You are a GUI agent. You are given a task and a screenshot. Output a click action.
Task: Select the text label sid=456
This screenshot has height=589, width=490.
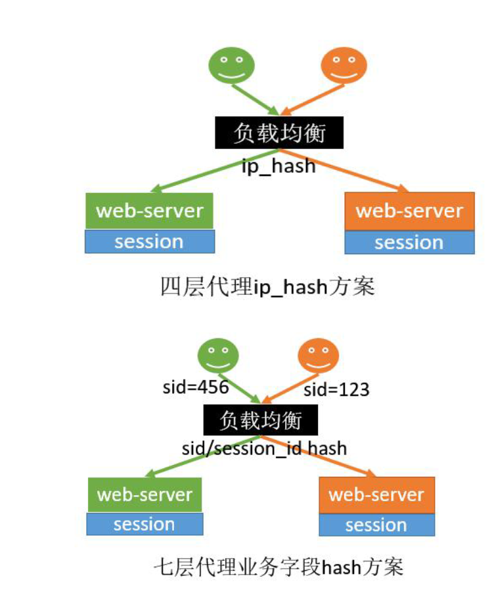tap(196, 387)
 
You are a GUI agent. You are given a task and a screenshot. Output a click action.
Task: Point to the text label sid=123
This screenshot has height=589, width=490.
tap(336, 389)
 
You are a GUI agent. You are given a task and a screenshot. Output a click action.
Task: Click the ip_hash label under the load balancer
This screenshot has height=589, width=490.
tap(278, 166)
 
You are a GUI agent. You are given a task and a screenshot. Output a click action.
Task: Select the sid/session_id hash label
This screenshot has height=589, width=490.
tap(264, 448)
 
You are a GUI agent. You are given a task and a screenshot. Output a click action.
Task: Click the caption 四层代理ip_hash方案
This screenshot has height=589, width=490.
tap(267, 287)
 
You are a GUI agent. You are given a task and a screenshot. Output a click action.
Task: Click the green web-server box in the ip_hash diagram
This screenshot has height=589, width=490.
tap(150, 211)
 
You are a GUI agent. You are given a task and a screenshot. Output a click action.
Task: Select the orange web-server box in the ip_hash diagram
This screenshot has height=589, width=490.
tap(409, 211)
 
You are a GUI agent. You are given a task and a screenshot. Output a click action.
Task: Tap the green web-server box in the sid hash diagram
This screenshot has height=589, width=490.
tap(145, 494)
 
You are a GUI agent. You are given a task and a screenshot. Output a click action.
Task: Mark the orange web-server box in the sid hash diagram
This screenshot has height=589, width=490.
tap(376, 494)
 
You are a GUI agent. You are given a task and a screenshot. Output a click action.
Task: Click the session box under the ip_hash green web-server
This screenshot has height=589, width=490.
tap(150, 242)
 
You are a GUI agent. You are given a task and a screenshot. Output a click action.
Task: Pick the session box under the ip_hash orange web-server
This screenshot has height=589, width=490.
tap(409, 243)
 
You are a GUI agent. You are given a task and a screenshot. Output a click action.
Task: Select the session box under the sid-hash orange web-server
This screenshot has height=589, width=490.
tap(376, 525)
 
